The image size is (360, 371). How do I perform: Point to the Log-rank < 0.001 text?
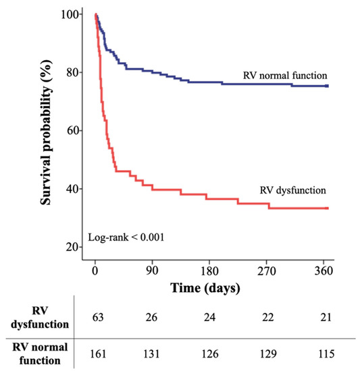point(125,237)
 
